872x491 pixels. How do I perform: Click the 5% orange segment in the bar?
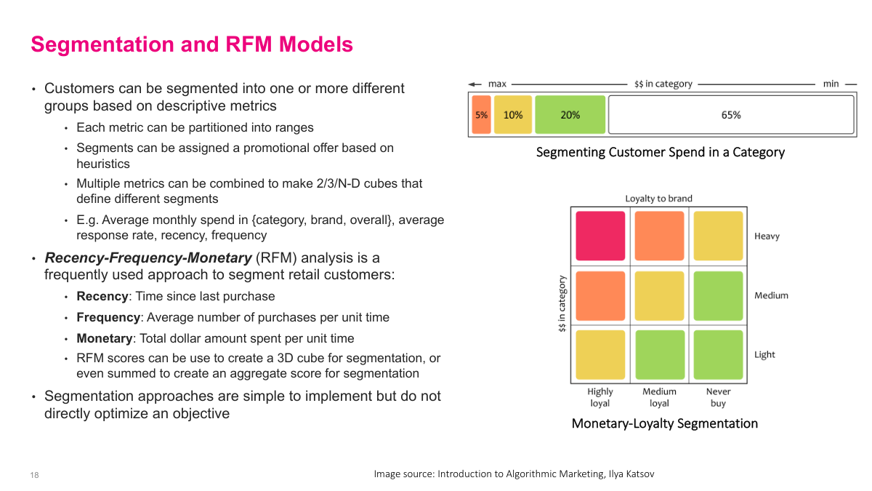click(481, 115)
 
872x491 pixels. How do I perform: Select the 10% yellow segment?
click(513, 115)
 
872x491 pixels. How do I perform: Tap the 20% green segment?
click(570, 115)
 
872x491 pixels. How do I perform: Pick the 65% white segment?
click(731, 115)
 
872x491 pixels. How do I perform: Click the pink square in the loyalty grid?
click(600, 236)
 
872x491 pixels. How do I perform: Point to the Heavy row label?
click(767, 236)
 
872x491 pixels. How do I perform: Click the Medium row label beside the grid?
click(771, 295)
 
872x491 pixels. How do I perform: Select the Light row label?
click(764, 354)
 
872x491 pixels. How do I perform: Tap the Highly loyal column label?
click(600, 397)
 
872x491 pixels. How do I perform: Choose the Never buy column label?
click(718, 397)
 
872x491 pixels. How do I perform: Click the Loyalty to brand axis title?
click(659, 199)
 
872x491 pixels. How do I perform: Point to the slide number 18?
click(34, 475)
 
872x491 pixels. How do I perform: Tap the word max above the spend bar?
click(497, 84)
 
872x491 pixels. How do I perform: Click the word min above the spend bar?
click(831, 84)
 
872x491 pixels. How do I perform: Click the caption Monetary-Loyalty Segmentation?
click(664, 423)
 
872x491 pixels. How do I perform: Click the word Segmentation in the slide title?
click(113, 45)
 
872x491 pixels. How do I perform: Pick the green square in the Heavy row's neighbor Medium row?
click(718, 295)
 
